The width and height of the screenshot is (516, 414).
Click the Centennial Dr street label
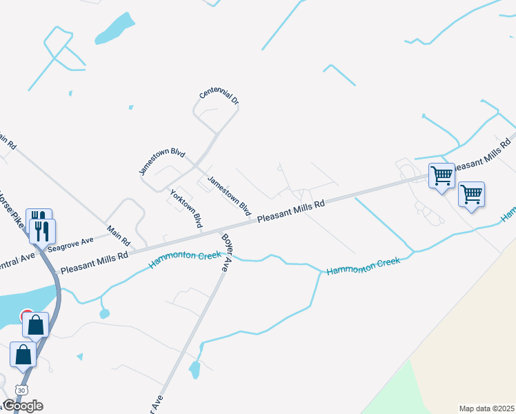219,97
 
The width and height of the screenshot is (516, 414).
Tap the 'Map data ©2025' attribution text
486,408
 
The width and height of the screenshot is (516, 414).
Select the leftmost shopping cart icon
441,175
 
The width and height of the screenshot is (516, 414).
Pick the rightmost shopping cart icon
471,195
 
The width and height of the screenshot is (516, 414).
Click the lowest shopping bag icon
23,355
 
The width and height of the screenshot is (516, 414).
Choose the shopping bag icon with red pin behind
36,324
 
